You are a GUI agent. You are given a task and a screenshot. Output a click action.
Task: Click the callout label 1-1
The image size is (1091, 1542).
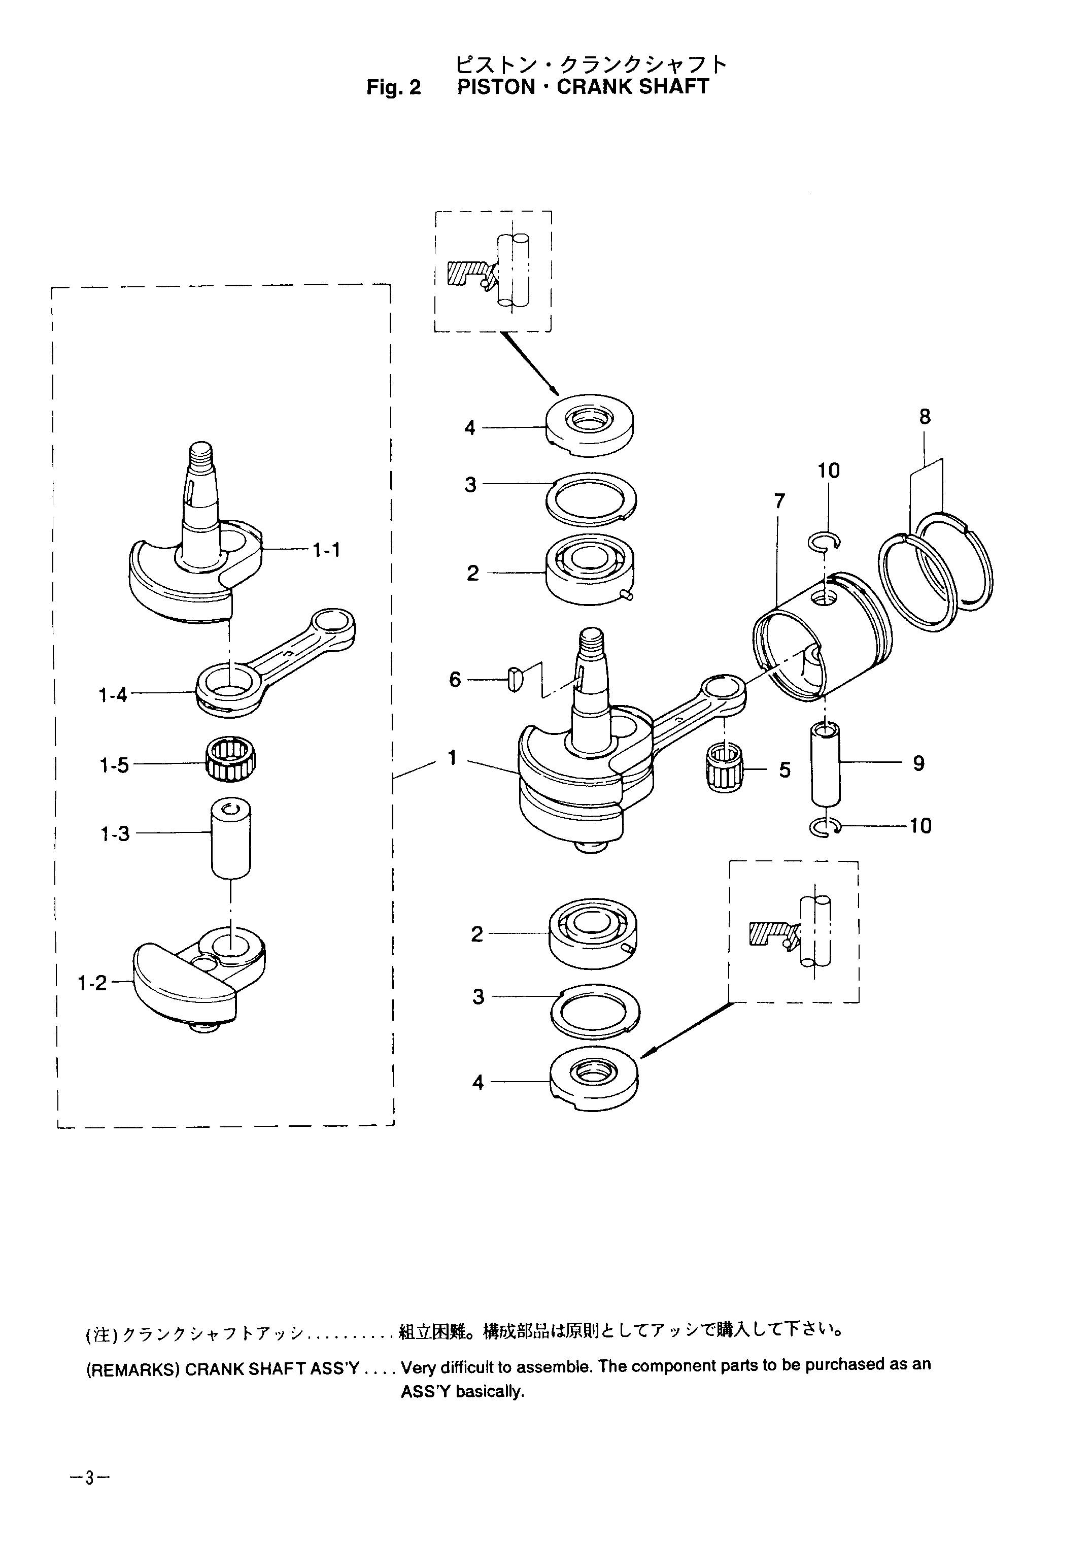(326, 550)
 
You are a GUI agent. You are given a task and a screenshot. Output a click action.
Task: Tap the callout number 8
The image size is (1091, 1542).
(925, 417)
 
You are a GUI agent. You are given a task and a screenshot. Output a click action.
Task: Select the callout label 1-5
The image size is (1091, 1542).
(114, 765)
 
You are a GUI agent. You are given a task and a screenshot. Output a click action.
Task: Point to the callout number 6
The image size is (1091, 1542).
(455, 680)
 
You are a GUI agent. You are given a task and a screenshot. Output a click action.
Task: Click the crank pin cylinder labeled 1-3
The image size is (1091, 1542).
(230, 839)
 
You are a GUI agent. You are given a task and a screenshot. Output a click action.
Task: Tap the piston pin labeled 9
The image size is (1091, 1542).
(826, 764)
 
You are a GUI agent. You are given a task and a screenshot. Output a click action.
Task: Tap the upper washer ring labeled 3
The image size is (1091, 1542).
(591, 498)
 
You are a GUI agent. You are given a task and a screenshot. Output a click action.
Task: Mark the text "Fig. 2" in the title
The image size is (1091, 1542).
(394, 88)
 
